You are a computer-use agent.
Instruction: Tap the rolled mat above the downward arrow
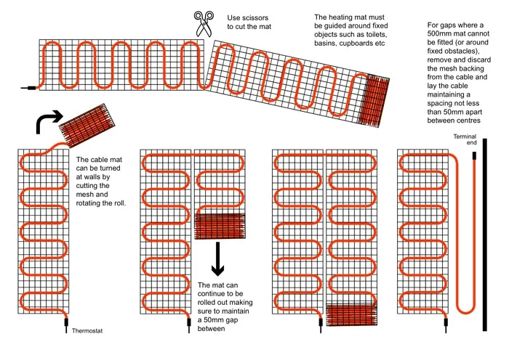[x=220, y=227]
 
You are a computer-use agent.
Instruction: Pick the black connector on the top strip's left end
[x=30, y=89]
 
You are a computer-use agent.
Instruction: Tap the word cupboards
[x=353, y=44]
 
